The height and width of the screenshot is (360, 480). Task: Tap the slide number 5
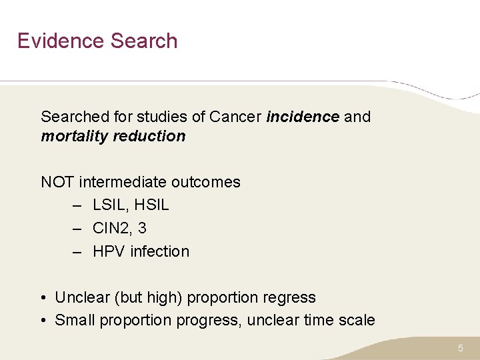[x=460, y=348]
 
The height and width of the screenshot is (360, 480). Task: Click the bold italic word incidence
[x=303, y=117]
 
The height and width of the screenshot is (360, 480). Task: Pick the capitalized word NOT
[x=58, y=182]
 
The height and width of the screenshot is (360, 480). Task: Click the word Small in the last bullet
[x=75, y=321]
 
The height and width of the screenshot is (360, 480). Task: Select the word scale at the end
[x=357, y=321]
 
